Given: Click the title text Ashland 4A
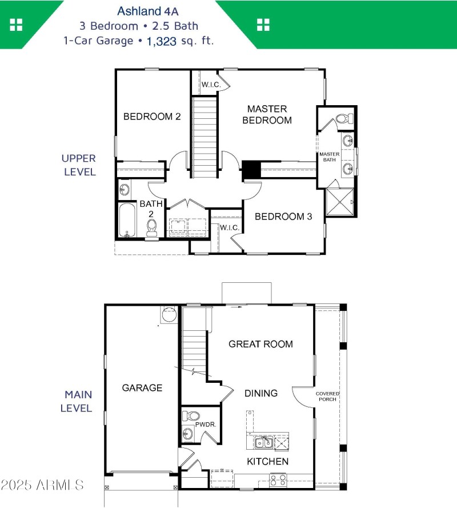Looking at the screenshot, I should tap(139, 11).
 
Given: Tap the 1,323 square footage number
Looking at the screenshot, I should tap(161, 41).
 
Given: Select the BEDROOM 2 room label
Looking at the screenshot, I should tap(152, 117).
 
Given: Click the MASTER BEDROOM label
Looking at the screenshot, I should tap(267, 114).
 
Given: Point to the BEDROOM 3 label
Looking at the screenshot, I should tap(283, 217).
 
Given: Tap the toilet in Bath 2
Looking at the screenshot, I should tap(152, 227).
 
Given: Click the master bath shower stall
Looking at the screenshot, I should tap(340, 202).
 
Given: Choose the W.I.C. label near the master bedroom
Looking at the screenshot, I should tap(209, 85).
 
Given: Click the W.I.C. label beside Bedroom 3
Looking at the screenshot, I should tap(229, 227).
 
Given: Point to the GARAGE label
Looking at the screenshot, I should tap(142, 388).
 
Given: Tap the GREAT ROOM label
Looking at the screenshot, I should tap(260, 344).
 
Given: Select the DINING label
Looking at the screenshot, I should tap(261, 393).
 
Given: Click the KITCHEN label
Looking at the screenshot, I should tap(267, 461).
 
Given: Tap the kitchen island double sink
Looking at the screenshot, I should tap(263, 442).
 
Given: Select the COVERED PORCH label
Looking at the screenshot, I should tap(327, 396).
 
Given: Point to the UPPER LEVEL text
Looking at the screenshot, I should tap(79, 165).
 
